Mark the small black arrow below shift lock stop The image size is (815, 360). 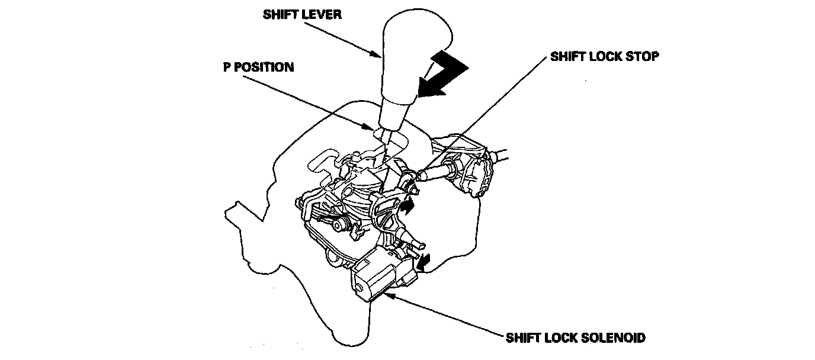[x=407, y=205]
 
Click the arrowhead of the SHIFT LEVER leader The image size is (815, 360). [x=379, y=56]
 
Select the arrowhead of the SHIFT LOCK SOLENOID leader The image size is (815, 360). [x=388, y=292]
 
